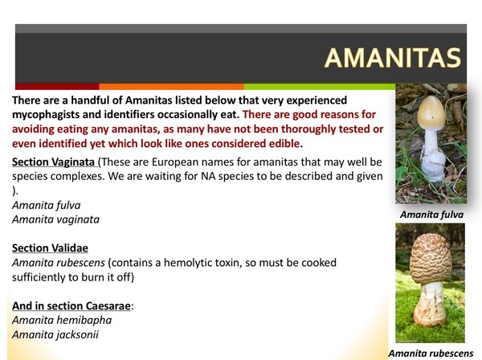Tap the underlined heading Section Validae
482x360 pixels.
pyautogui.click(x=50, y=248)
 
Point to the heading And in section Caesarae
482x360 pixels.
pyautogui.click(x=71, y=305)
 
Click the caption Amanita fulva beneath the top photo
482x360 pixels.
pyautogui.click(x=430, y=215)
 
